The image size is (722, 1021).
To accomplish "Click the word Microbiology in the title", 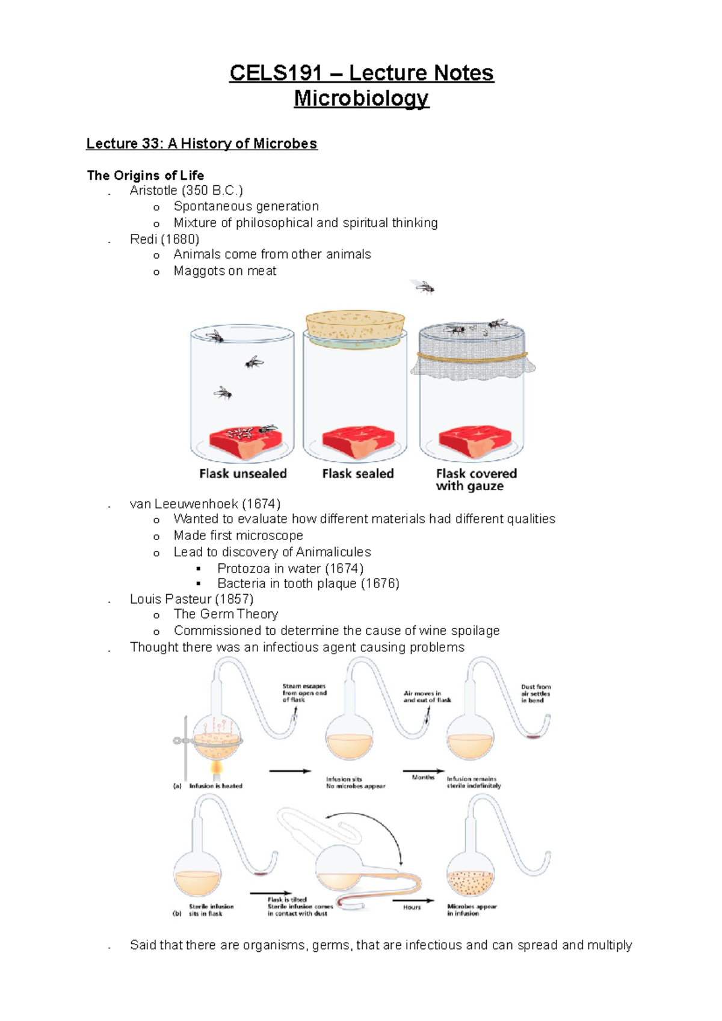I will (361, 98).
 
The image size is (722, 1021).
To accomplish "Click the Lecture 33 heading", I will (202, 144).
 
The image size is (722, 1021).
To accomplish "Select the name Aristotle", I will (153, 191).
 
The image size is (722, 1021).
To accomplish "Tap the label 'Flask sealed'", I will (357, 474).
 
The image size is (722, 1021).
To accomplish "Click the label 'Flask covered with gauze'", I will (475, 480).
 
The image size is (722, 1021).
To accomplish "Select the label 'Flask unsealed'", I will (242, 474).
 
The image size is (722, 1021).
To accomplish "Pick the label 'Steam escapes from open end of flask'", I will (304, 693).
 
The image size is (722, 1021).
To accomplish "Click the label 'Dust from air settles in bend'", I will (535, 693).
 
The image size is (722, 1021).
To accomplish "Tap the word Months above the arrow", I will (423, 777).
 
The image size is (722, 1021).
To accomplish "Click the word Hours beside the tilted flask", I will (412, 907).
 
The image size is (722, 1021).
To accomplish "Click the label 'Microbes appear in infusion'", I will (472, 910).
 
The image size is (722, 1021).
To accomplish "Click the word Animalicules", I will (333, 552).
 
